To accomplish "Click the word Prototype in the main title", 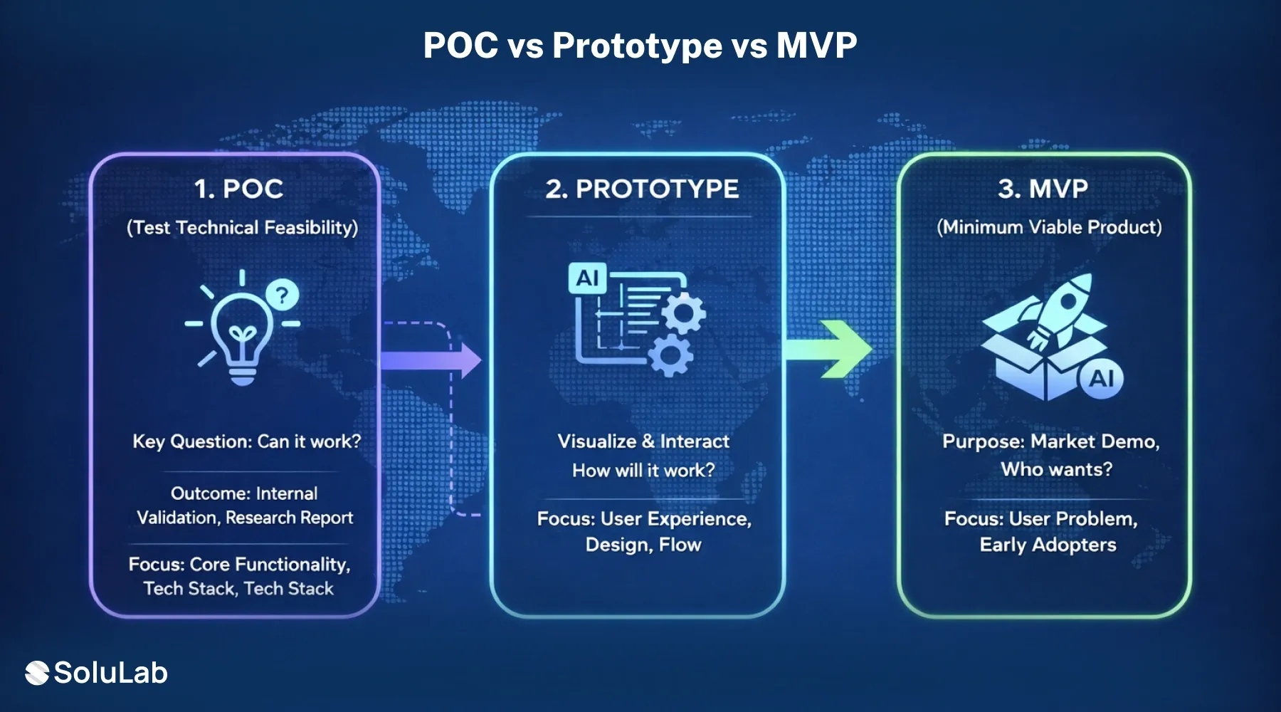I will click(637, 46).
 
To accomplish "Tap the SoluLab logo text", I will click(110, 673).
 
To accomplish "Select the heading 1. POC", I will click(239, 189).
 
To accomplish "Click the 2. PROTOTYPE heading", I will click(642, 189).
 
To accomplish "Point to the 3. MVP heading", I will click(1043, 189).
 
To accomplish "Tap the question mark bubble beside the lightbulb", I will click(283, 294).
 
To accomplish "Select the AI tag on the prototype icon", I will click(587, 278).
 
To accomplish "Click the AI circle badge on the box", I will click(1101, 378).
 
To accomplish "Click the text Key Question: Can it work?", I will click(246, 441).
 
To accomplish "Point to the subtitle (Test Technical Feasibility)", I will click(242, 228).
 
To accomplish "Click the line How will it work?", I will click(643, 471).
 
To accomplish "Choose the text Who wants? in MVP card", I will click(1056, 469).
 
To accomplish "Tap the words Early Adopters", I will click(1048, 545).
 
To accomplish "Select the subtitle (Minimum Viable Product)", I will click(1049, 227).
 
